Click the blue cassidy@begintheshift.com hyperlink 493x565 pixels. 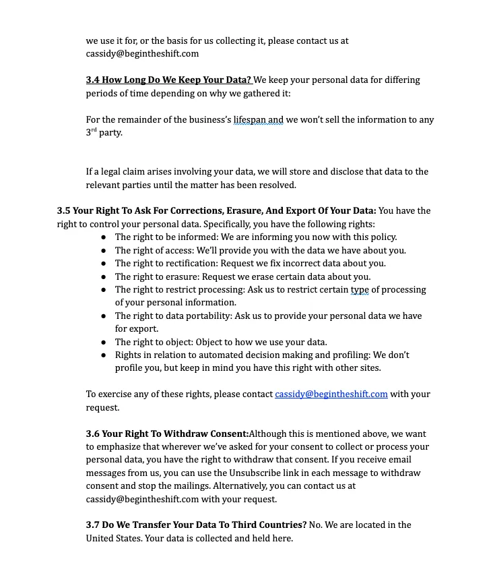(x=331, y=394)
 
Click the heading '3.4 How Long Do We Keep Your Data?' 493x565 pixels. (x=168, y=80)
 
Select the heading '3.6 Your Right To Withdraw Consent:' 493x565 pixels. (x=167, y=434)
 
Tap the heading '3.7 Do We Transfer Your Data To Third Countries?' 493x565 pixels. (x=196, y=525)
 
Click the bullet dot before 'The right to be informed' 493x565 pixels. (x=103, y=237)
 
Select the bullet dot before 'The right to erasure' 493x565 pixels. (x=103, y=276)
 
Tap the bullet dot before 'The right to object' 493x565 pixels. (x=103, y=342)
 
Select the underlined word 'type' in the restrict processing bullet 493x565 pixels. (x=360, y=290)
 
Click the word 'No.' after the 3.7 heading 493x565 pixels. (x=317, y=525)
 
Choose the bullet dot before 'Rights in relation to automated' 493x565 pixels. (x=103, y=355)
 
